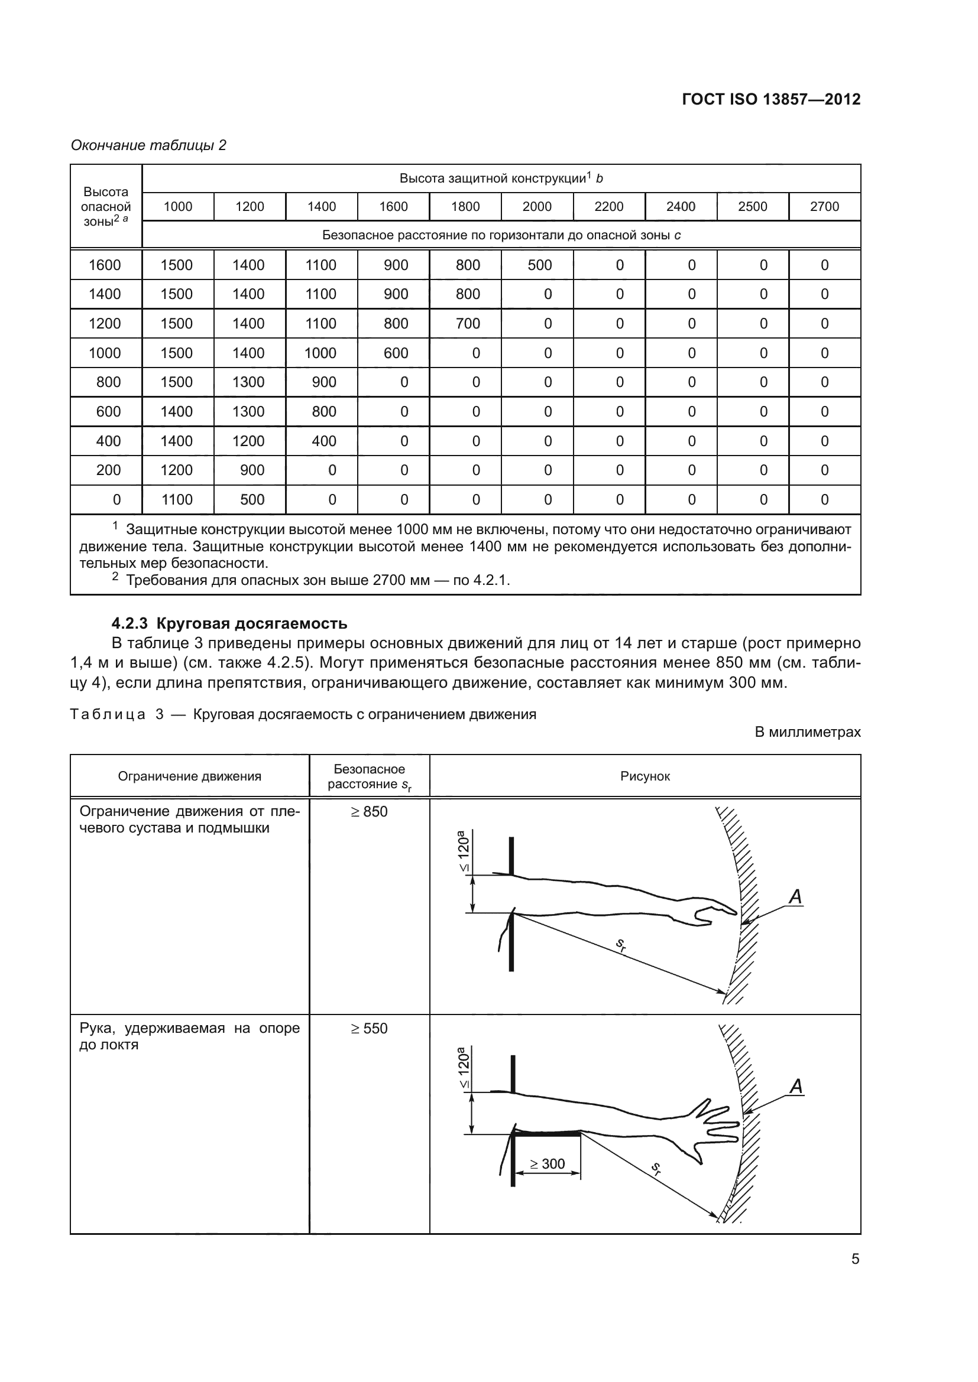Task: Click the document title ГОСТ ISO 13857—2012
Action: (771, 99)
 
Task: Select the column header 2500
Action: (752, 206)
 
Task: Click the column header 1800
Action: (465, 206)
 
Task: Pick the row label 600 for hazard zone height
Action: (108, 412)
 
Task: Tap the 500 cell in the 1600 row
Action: (540, 265)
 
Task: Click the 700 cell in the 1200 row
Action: (468, 324)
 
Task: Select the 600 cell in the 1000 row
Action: (396, 353)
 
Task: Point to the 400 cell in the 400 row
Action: (323, 441)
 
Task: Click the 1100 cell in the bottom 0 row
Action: (176, 500)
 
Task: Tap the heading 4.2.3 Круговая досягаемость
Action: (229, 623)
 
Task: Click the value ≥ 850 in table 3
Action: (369, 812)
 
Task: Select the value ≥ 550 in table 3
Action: (369, 1029)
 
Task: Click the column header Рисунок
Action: (645, 776)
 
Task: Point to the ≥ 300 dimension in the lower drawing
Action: (547, 1164)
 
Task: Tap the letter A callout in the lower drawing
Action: (795, 1087)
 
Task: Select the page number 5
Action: (855, 1259)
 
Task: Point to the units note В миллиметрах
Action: (808, 733)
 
